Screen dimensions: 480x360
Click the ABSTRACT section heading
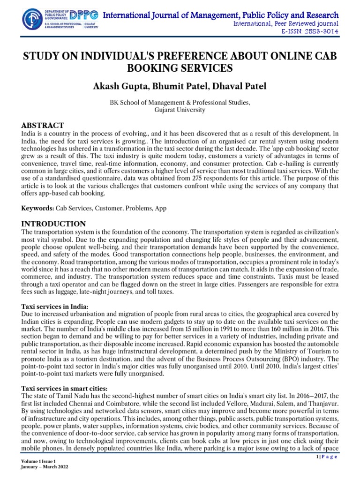point(43,125)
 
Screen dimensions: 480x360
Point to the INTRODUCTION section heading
point(54,224)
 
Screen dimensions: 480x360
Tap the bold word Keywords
point(37,207)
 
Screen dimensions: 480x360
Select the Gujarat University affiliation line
point(180,110)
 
